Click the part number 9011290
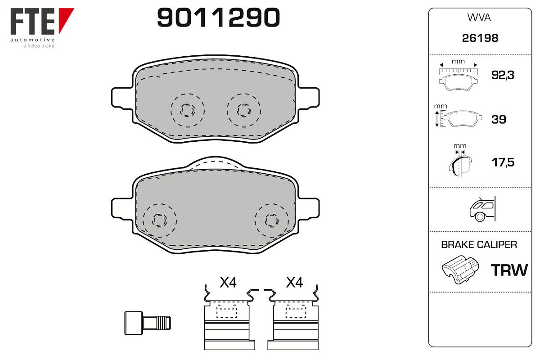tap(218, 18)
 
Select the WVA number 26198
tap(480, 38)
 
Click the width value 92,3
tap(503, 75)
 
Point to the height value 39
tap(499, 119)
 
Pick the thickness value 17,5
tap(503, 162)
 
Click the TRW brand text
tap(509, 270)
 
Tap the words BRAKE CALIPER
tap(479, 244)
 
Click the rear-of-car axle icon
tap(482, 209)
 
